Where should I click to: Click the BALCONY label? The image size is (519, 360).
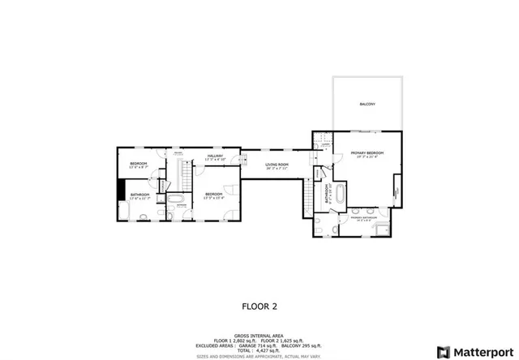point(367,105)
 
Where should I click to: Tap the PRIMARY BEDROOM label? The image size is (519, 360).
point(367,154)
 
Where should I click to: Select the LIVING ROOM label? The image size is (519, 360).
point(277,165)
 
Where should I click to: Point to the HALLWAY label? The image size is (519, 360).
point(215,156)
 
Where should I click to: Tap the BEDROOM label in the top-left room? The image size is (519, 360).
point(139,165)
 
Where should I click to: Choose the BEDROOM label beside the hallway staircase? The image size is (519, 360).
point(214,194)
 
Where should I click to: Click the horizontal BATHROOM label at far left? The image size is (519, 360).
point(139,195)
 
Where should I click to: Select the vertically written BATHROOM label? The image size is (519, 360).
point(326,194)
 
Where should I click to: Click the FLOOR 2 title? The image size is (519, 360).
point(259,307)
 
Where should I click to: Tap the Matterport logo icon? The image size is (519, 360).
point(444,351)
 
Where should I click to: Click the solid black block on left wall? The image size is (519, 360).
point(121,188)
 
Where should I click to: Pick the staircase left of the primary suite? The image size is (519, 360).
point(308,195)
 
